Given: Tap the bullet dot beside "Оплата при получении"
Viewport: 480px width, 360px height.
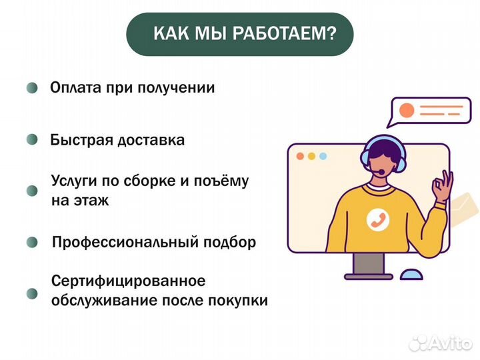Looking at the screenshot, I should [32, 88].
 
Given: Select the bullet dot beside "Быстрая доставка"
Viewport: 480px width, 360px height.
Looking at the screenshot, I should [32, 141].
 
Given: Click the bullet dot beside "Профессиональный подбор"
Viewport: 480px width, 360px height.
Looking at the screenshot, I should [32, 243].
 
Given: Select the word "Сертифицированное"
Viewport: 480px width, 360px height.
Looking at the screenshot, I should [128, 281].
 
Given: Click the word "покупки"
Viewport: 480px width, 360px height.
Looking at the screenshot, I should [242, 300].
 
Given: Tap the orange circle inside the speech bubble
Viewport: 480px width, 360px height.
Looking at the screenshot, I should [405, 110].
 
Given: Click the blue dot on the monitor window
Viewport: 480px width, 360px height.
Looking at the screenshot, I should [323, 156].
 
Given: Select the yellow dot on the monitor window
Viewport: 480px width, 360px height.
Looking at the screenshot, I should [311, 156].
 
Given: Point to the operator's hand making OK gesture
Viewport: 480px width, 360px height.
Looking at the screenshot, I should [442, 187].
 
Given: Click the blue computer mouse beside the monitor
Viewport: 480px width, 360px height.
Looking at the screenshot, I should [411, 274].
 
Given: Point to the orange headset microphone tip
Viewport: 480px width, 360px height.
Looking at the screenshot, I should [380, 173].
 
